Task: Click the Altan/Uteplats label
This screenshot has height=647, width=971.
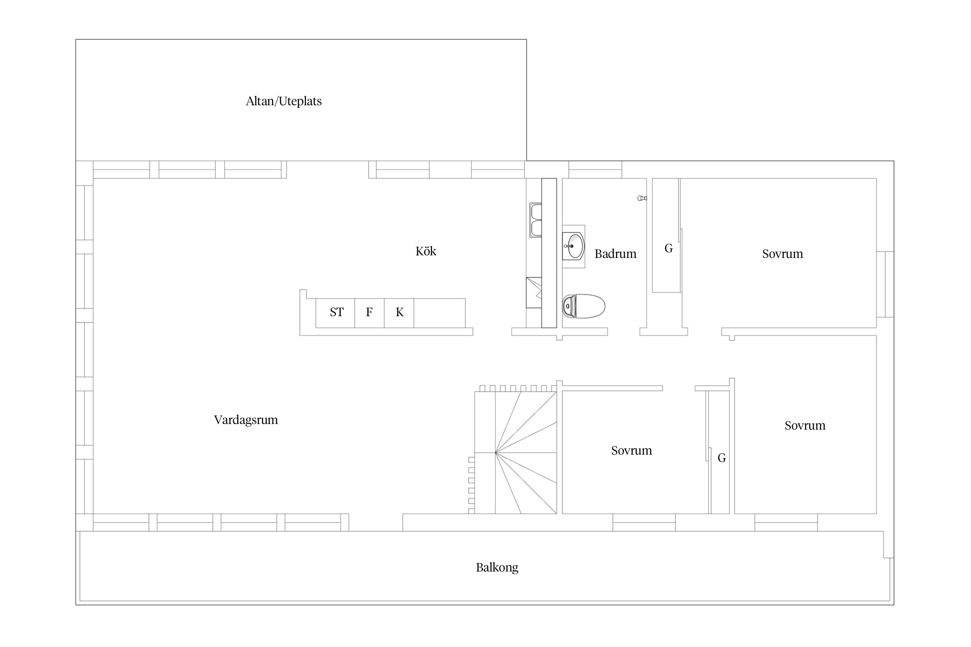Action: (x=284, y=101)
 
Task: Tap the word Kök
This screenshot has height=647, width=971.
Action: (x=426, y=251)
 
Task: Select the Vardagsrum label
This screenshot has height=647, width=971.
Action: (x=246, y=420)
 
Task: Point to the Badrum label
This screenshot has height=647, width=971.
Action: (x=615, y=254)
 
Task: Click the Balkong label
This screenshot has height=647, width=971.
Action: (x=497, y=567)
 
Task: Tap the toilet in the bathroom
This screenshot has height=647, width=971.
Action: (x=584, y=306)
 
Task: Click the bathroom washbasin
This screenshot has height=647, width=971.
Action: (x=574, y=246)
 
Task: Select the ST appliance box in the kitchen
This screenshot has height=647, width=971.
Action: (x=335, y=313)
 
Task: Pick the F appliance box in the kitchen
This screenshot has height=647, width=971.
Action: (x=369, y=313)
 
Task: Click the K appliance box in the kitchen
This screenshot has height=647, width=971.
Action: (x=399, y=313)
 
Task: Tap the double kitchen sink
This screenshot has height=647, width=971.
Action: (x=536, y=220)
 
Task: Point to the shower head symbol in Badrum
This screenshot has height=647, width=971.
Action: (x=642, y=198)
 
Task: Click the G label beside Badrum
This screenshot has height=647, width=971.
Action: (x=668, y=248)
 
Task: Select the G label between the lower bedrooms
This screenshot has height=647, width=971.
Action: (x=722, y=458)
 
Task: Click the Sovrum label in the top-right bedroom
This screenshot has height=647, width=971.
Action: (x=782, y=254)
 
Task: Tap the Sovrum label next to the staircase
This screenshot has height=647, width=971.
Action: (x=631, y=450)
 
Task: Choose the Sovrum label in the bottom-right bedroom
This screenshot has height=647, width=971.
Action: (x=805, y=425)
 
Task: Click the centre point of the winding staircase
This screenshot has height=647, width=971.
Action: (x=495, y=452)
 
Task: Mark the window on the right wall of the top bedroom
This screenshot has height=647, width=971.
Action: (x=886, y=284)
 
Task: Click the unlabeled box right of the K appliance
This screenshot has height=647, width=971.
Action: (x=440, y=313)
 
